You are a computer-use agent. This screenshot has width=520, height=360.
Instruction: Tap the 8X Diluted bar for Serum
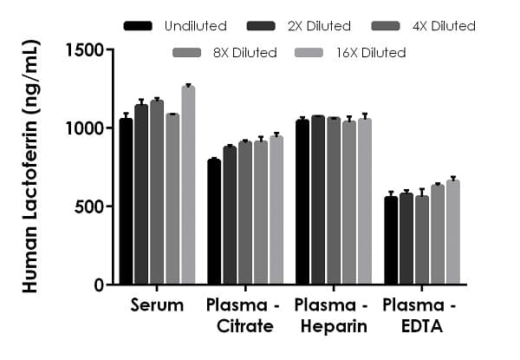tap(172, 200)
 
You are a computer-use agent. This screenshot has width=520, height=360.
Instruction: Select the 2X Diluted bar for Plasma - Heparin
tap(318, 200)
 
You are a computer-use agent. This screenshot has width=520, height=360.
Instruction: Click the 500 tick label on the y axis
tap(90, 206)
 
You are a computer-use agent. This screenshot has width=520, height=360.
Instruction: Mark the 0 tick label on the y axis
tap(98, 285)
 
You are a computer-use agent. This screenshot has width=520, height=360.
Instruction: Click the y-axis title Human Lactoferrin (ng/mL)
tap(31, 165)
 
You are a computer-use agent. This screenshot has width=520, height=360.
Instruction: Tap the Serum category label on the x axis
tap(157, 305)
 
